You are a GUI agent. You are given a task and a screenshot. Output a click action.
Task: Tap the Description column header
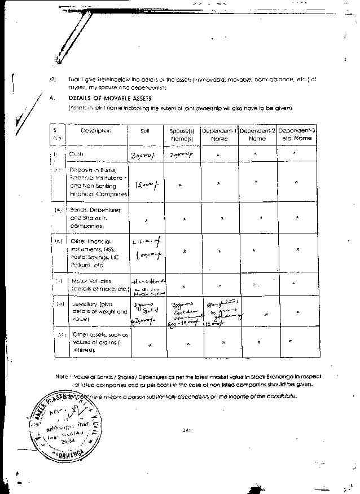(x=96, y=131)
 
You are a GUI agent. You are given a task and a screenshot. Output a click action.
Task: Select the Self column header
(x=144, y=131)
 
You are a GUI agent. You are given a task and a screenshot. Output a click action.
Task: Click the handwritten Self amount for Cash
(x=143, y=155)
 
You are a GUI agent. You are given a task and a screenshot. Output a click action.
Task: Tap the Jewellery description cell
(x=93, y=310)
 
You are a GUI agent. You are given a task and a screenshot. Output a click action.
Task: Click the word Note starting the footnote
(x=61, y=376)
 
